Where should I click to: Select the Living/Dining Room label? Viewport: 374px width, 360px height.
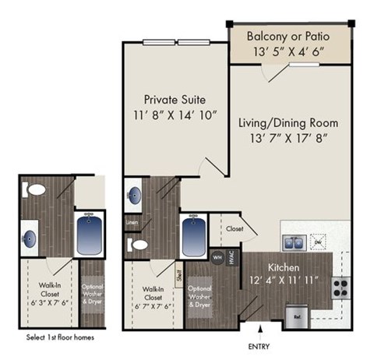(x=288, y=122)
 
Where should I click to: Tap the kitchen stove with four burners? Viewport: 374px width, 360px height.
(x=340, y=287)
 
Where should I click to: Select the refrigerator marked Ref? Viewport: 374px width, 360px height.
(x=297, y=315)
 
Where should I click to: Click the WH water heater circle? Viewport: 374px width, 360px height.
(x=217, y=256)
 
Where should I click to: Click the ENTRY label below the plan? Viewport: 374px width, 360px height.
(x=259, y=345)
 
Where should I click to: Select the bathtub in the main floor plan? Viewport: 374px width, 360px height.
(x=193, y=232)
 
